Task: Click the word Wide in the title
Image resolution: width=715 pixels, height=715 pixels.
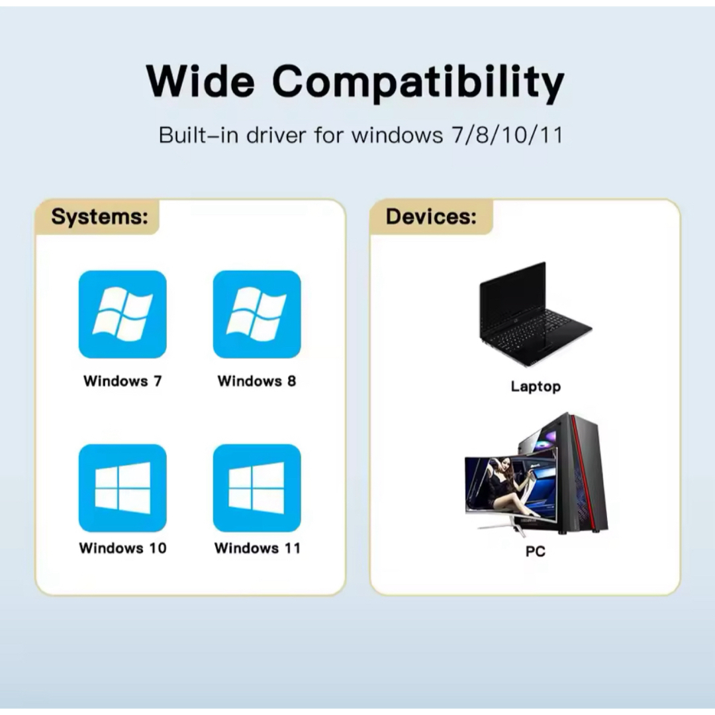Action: click(200, 81)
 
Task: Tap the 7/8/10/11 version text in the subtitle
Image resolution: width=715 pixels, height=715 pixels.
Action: click(507, 135)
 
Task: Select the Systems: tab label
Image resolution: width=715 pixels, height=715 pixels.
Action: click(99, 216)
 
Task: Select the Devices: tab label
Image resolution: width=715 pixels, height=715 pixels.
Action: click(431, 216)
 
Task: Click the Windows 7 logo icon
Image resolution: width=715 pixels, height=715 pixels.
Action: click(122, 314)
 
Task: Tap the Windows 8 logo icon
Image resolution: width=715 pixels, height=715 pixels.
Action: click(257, 314)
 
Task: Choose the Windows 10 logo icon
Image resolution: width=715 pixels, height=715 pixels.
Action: click(122, 488)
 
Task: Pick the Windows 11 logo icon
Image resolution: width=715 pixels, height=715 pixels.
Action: click(257, 488)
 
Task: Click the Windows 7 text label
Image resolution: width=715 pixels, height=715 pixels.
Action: click(122, 381)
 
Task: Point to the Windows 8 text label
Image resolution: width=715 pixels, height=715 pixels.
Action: click(257, 381)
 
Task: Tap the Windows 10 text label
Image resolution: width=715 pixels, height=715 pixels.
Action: click(122, 548)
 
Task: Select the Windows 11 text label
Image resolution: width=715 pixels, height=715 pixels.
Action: click(257, 548)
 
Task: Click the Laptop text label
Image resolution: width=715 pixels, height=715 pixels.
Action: click(536, 387)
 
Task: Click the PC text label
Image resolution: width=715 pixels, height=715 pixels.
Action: click(536, 551)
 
